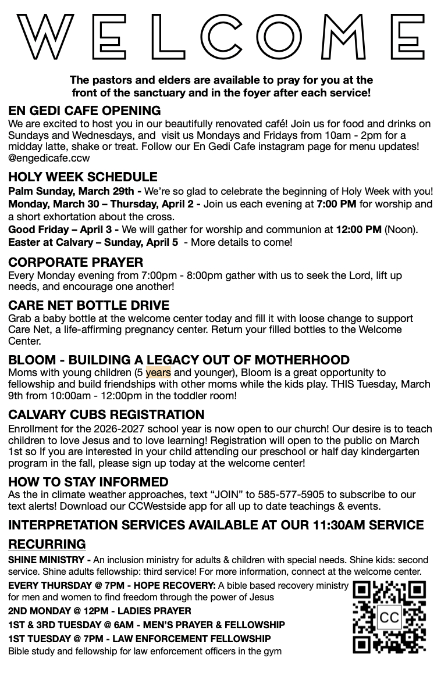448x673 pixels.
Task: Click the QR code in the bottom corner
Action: [x=389, y=617]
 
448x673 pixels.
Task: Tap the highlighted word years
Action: [x=158, y=373]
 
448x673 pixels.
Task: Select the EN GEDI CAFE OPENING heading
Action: [x=84, y=110]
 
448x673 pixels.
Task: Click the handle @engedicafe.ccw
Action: [x=49, y=157]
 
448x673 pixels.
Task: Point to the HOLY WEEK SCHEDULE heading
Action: [x=83, y=177]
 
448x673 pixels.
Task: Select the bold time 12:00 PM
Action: [x=358, y=230]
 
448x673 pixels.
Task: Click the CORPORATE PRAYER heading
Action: [x=76, y=262]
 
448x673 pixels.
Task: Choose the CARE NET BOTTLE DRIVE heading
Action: [x=88, y=305]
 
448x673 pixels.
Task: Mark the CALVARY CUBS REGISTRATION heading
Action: [x=106, y=414]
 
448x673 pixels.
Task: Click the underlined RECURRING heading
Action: [x=47, y=544]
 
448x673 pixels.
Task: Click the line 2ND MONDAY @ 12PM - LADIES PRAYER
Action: [x=99, y=611]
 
